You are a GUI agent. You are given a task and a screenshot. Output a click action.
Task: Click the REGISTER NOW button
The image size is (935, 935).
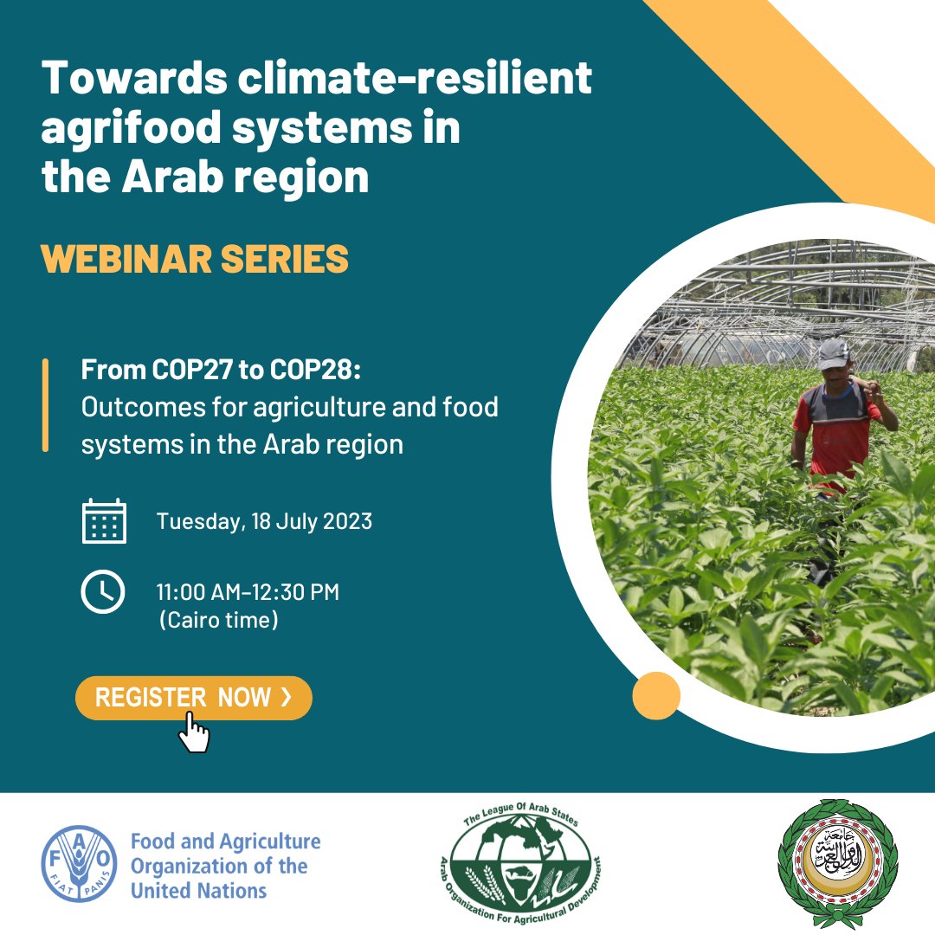pyautogui.click(x=194, y=698)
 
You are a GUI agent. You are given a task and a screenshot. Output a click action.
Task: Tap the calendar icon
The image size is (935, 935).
pyautogui.click(x=104, y=521)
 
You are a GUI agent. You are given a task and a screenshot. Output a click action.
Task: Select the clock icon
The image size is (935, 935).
pyautogui.click(x=103, y=592)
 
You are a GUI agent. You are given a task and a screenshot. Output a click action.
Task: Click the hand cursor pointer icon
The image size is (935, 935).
pyautogui.click(x=195, y=732)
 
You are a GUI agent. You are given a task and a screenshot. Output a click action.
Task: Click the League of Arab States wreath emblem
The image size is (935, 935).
pyautogui.click(x=838, y=863)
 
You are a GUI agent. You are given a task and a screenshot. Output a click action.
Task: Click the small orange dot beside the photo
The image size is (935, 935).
pyautogui.click(x=656, y=695)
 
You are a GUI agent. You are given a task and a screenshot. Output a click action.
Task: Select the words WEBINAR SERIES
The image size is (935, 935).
pyautogui.click(x=195, y=259)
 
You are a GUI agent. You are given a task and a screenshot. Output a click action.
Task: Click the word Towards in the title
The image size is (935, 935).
pyautogui.click(x=134, y=78)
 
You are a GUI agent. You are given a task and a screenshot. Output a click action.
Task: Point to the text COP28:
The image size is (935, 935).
pyautogui.click(x=315, y=370)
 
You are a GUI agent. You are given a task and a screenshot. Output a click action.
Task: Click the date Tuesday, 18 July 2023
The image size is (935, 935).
pyautogui.click(x=264, y=522)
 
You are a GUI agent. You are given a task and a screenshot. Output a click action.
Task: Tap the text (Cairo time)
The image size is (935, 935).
pyautogui.click(x=219, y=620)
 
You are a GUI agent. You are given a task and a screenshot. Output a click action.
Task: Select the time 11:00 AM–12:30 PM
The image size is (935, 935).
pyautogui.click(x=248, y=592)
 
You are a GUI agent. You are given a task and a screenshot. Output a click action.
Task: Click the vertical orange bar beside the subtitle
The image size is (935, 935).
pyautogui.click(x=45, y=405)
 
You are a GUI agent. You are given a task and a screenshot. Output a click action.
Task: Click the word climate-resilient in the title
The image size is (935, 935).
pyautogui.click(x=415, y=78)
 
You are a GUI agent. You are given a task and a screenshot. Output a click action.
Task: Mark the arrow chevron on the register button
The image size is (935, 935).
pyautogui.click(x=287, y=696)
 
